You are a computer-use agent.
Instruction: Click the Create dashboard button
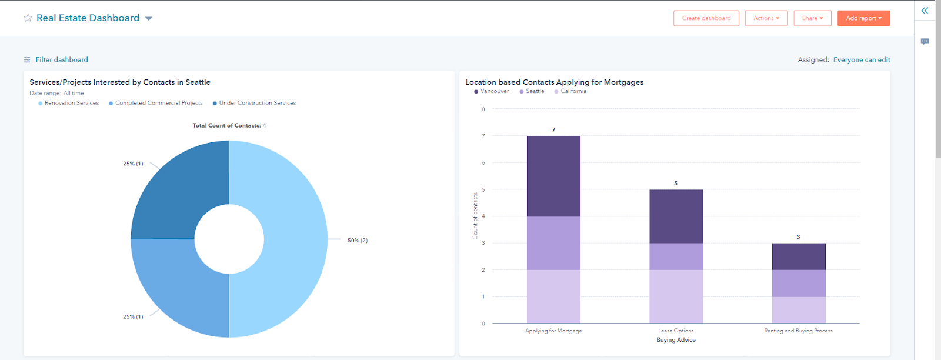click(706, 18)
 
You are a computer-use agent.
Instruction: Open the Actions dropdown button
click(766, 18)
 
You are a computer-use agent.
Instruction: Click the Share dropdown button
click(812, 18)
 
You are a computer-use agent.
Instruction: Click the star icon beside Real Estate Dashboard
click(28, 18)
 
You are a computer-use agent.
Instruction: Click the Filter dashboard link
click(61, 59)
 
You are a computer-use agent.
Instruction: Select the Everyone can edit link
click(861, 59)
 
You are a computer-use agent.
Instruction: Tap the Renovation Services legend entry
click(71, 103)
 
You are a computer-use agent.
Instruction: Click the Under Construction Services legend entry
click(257, 103)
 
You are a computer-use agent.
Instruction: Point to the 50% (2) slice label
click(357, 241)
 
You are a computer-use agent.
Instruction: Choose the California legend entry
click(573, 91)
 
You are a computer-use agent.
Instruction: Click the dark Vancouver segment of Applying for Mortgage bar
click(553, 176)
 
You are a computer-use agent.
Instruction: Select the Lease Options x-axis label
click(676, 331)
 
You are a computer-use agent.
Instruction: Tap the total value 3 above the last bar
click(798, 237)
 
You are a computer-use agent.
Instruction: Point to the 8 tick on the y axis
click(483, 109)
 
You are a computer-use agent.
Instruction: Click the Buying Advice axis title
click(676, 340)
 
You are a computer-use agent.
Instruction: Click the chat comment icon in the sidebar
click(925, 42)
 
